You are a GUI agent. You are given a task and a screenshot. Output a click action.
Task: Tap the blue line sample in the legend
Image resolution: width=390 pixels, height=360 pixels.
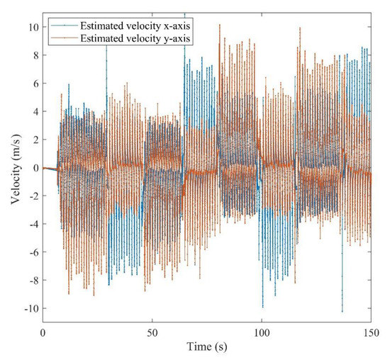59,26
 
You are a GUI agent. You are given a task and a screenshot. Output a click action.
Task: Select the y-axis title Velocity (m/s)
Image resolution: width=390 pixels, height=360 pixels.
15,169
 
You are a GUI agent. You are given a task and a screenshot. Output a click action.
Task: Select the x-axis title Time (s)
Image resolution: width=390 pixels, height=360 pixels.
206,348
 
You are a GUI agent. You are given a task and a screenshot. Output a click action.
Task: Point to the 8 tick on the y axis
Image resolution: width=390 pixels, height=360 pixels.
34,56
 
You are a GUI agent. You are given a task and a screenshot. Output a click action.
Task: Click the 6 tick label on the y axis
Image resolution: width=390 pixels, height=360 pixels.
34,84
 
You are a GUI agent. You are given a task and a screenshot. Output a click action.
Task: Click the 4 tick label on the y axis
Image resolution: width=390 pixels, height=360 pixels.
34,112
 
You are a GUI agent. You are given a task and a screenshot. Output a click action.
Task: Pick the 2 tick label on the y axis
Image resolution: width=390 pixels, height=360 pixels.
34,140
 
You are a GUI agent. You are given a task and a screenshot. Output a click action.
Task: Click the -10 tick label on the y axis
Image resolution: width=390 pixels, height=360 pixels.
30,309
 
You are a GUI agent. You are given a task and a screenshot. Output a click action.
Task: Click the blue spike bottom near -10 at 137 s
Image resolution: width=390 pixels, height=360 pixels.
342,311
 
